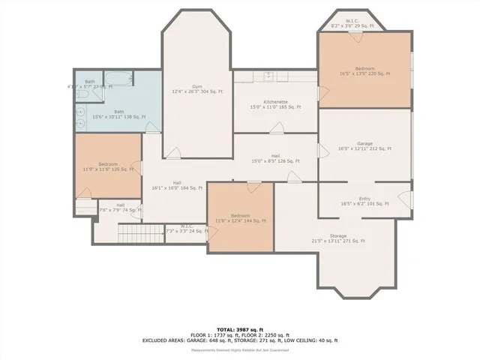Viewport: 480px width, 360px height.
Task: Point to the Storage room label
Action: tap(337, 238)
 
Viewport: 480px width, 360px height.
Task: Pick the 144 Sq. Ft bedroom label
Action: tap(241, 217)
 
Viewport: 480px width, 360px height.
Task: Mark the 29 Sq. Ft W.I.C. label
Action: tap(352, 23)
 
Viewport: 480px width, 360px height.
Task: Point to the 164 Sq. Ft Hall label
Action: tap(177, 185)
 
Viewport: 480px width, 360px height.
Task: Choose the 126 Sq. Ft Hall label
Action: tap(275, 158)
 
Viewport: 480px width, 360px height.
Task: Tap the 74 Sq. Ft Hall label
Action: tap(120, 208)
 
